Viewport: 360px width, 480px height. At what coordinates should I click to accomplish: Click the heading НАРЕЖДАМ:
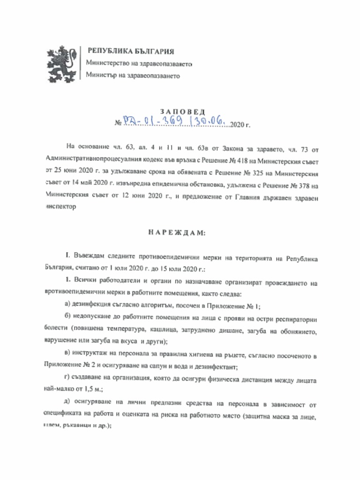click(180, 233)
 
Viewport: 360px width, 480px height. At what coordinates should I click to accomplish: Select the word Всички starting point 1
click(84, 283)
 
